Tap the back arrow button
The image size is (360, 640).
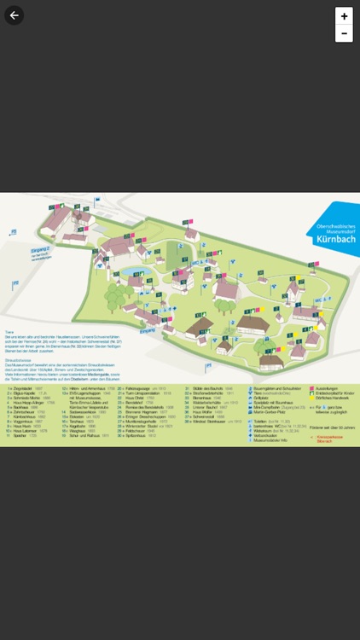click(x=14, y=15)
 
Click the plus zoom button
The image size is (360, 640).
click(x=344, y=16)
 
